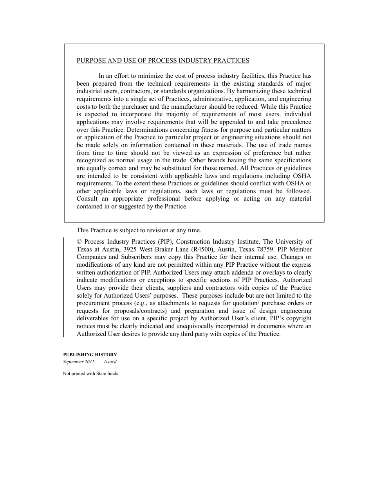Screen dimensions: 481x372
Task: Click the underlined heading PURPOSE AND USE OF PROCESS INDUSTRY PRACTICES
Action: pos(163,61)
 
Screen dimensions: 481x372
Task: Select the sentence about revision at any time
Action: pos(139,230)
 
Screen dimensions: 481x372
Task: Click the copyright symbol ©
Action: pos(79,242)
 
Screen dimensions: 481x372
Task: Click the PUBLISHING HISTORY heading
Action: pos(90,355)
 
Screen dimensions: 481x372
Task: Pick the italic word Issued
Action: pos(110,362)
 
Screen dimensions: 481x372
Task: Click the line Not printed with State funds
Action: pos(90,373)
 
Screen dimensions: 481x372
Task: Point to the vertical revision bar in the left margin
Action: pos(64,287)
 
